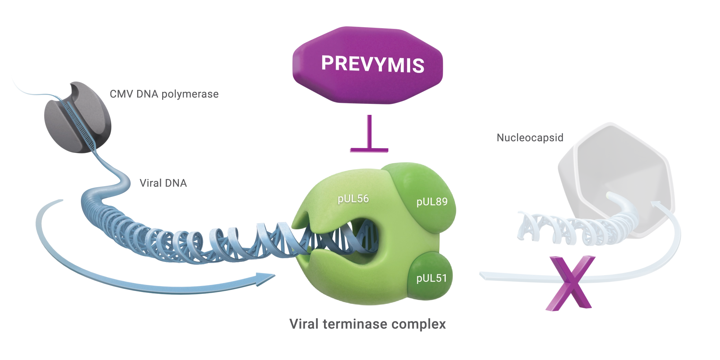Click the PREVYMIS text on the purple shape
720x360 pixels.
373,64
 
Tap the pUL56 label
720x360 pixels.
353,199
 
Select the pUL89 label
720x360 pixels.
432,202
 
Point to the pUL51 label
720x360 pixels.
432,278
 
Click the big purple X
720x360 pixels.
571,283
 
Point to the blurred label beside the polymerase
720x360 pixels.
164,94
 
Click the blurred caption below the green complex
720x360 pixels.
368,324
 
